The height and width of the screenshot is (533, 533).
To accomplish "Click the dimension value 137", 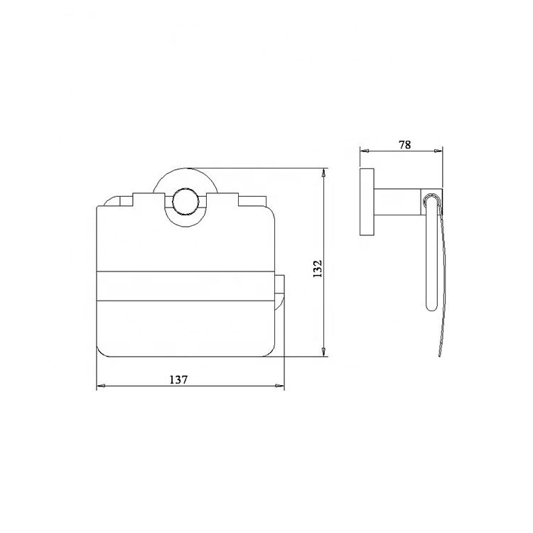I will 179,379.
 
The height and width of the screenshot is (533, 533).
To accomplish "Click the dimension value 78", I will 404,144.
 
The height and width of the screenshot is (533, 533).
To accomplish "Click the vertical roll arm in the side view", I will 430,256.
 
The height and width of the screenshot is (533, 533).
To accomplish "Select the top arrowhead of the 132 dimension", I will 325,173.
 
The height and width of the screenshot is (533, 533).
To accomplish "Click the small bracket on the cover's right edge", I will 280,291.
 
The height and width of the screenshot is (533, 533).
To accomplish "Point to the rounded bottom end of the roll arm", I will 430,308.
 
